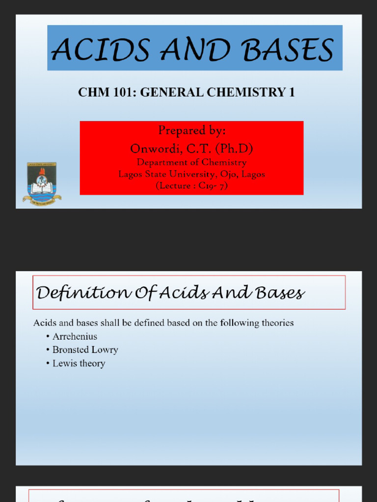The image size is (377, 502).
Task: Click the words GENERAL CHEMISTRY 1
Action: pyautogui.click(x=217, y=92)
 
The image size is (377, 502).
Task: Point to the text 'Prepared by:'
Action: pyautogui.click(x=192, y=130)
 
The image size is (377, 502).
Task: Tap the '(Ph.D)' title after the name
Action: pyautogui.click(x=234, y=148)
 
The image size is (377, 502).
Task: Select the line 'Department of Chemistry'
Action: pyautogui.click(x=191, y=162)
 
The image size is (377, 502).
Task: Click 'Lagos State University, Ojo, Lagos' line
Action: pyautogui.click(x=191, y=174)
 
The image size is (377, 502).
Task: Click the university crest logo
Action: pyautogui.click(x=42, y=184)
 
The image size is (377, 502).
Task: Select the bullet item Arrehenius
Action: pyautogui.click(x=75, y=336)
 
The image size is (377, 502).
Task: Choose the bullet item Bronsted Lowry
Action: pyautogui.click(x=85, y=350)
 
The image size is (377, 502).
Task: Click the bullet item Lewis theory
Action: pyautogui.click(x=79, y=363)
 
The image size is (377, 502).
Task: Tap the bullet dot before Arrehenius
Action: pyautogui.click(x=48, y=336)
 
